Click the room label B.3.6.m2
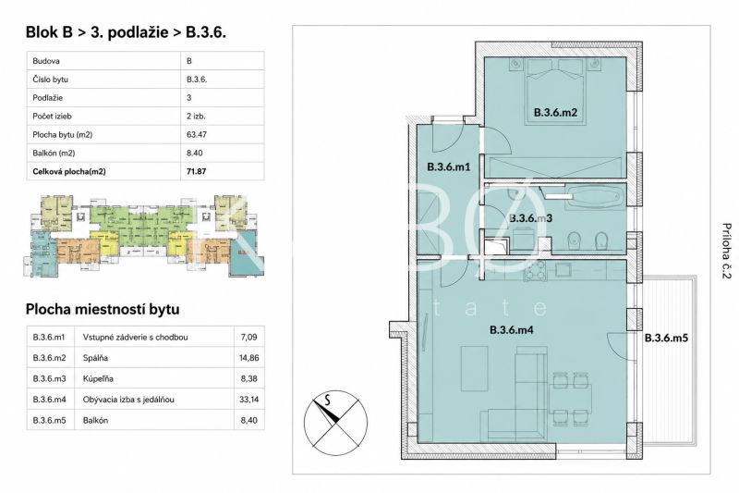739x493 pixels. coord(555,113)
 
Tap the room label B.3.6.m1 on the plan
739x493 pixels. coord(449,166)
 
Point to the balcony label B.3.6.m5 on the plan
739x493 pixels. coord(666,338)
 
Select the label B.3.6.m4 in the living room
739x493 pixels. coord(512,330)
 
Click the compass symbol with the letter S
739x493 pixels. coord(334,421)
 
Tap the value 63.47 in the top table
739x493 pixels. coord(197,134)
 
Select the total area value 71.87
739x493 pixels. coord(197,171)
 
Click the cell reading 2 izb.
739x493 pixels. coord(196,116)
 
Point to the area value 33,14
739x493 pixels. coord(248,400)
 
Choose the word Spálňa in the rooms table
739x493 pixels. coord(95,358)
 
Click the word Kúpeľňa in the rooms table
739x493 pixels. coord(98,379)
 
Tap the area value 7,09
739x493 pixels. coord(248,338)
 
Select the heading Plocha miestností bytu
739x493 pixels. coord(103,310)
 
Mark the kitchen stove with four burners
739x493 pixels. coord(534,271)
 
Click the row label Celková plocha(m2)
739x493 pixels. coord(69,172)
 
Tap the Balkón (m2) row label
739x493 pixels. coord(54,153)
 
